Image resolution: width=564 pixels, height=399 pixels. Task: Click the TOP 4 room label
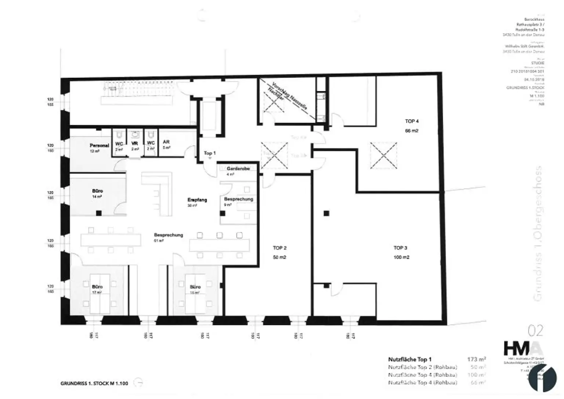click(x=412, y=121)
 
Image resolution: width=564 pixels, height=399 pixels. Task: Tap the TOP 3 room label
click(x=401, y=248)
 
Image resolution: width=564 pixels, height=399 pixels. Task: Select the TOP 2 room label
click(x=279, y=248)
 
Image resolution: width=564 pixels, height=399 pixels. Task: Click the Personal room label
click(x=99, y=145)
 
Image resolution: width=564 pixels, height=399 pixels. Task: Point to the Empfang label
click(x=197, y=200)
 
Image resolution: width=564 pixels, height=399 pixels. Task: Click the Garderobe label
click(x=238, y=168)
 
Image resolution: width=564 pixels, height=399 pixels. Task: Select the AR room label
click(x=166, y=142)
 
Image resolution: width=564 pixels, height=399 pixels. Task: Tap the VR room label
click(x=134, y=144)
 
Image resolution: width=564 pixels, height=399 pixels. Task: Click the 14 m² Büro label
click(x=97, y=191)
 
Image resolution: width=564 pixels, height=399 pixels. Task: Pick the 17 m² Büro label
click(x=97, y=287)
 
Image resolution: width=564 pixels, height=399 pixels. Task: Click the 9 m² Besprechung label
click(x=238, y=199)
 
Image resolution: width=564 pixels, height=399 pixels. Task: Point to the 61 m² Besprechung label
click(x=168, y=235)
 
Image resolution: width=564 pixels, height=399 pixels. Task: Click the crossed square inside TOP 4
click(x=383, y=155)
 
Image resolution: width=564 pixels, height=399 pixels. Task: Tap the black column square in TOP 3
click(x=326, y=213)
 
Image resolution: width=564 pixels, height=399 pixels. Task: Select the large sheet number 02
click(x=535, y=331)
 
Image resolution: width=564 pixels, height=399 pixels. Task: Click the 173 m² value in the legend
click(x=476, y=359)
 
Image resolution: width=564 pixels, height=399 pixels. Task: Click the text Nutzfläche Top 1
click(x=410, y=360)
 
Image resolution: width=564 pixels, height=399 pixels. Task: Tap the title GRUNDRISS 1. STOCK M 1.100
click(x=94, y=383)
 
